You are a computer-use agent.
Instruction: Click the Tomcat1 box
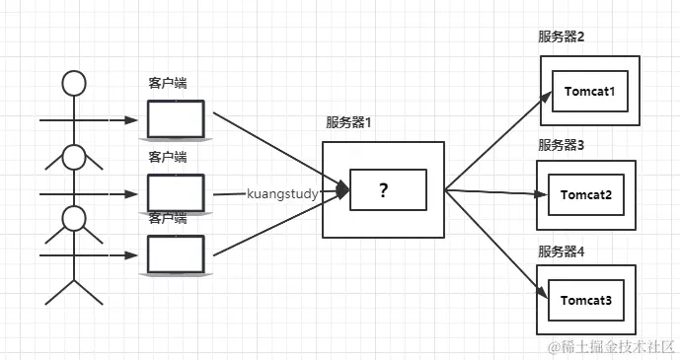[590, 91]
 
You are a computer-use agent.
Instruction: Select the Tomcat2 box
[587, 194]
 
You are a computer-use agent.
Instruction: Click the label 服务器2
[562, 36]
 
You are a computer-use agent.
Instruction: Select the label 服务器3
[562, 145]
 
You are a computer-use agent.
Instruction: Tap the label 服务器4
[562, 252]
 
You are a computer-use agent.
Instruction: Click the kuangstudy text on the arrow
[282, 194]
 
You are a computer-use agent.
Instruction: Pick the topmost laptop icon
[176, 119]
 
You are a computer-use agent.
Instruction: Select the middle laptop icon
[176, 192]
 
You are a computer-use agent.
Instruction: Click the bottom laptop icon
[176, 254]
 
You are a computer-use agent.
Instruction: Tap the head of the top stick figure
[75, 83]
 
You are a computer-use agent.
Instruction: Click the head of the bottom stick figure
[75, 216]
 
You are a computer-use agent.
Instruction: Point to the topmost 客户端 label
[168, 84]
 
